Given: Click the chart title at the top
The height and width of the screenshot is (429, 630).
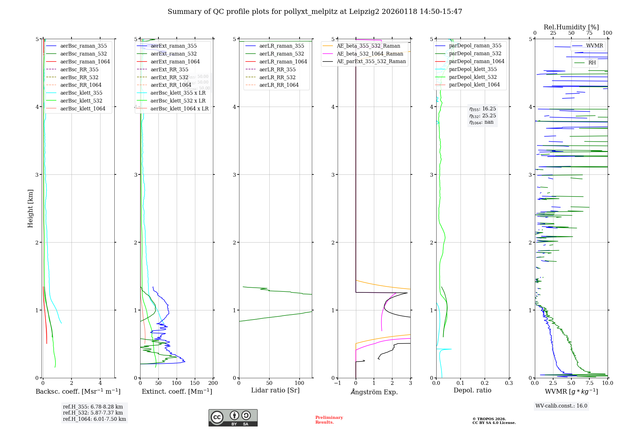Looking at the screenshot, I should [315, 12].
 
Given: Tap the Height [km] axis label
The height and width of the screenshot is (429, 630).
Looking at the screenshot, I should [30, 208].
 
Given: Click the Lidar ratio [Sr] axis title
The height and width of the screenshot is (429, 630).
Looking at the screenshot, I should [275, 390].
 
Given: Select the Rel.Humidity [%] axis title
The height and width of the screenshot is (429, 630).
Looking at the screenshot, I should [571, 27].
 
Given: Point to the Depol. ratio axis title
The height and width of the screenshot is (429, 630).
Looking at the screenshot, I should [472, 390].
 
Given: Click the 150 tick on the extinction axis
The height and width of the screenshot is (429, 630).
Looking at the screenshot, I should [195, 383].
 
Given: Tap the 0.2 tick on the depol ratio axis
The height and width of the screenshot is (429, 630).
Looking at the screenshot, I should [484, 383].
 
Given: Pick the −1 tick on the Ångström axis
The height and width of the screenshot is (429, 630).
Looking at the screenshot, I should [337, 383].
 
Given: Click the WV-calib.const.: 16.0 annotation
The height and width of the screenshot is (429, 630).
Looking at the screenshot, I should [561, 406].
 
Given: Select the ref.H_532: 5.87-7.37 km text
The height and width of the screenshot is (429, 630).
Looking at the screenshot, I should [93, 413].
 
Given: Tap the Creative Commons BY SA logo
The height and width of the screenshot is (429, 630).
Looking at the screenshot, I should [233, 418].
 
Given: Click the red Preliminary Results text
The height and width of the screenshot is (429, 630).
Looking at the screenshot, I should [329, 420].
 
